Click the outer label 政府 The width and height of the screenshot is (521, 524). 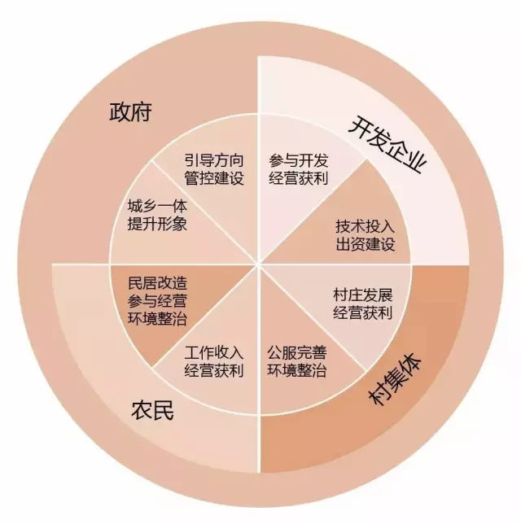point(131,111)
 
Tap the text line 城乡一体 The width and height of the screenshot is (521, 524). point(158,207)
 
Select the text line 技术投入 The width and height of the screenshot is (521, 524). point(366,225)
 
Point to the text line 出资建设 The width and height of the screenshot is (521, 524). point(366,243)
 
